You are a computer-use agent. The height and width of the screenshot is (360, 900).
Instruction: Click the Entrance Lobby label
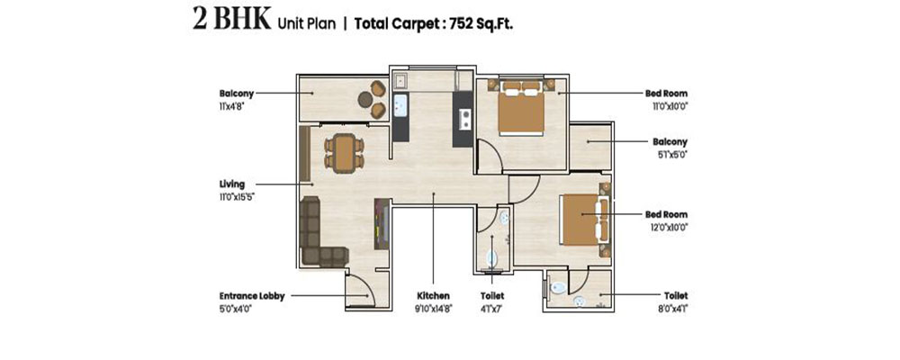251,296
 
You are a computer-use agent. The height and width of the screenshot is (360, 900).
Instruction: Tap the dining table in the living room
345,153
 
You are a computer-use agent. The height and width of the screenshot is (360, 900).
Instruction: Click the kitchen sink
400,105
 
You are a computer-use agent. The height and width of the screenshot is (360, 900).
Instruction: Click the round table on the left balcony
365,99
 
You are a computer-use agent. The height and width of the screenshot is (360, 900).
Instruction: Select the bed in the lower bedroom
584,219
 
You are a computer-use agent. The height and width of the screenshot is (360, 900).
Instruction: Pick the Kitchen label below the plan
434,296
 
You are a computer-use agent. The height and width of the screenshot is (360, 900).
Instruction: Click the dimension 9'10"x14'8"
434,309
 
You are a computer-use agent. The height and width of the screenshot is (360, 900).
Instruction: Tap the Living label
232,184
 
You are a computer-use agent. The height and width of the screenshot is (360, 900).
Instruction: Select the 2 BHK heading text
231,20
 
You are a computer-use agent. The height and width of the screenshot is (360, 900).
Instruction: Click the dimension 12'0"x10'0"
667,228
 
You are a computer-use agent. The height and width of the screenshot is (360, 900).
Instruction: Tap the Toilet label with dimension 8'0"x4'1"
676,296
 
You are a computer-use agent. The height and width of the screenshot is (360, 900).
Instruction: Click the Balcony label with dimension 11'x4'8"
237,94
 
